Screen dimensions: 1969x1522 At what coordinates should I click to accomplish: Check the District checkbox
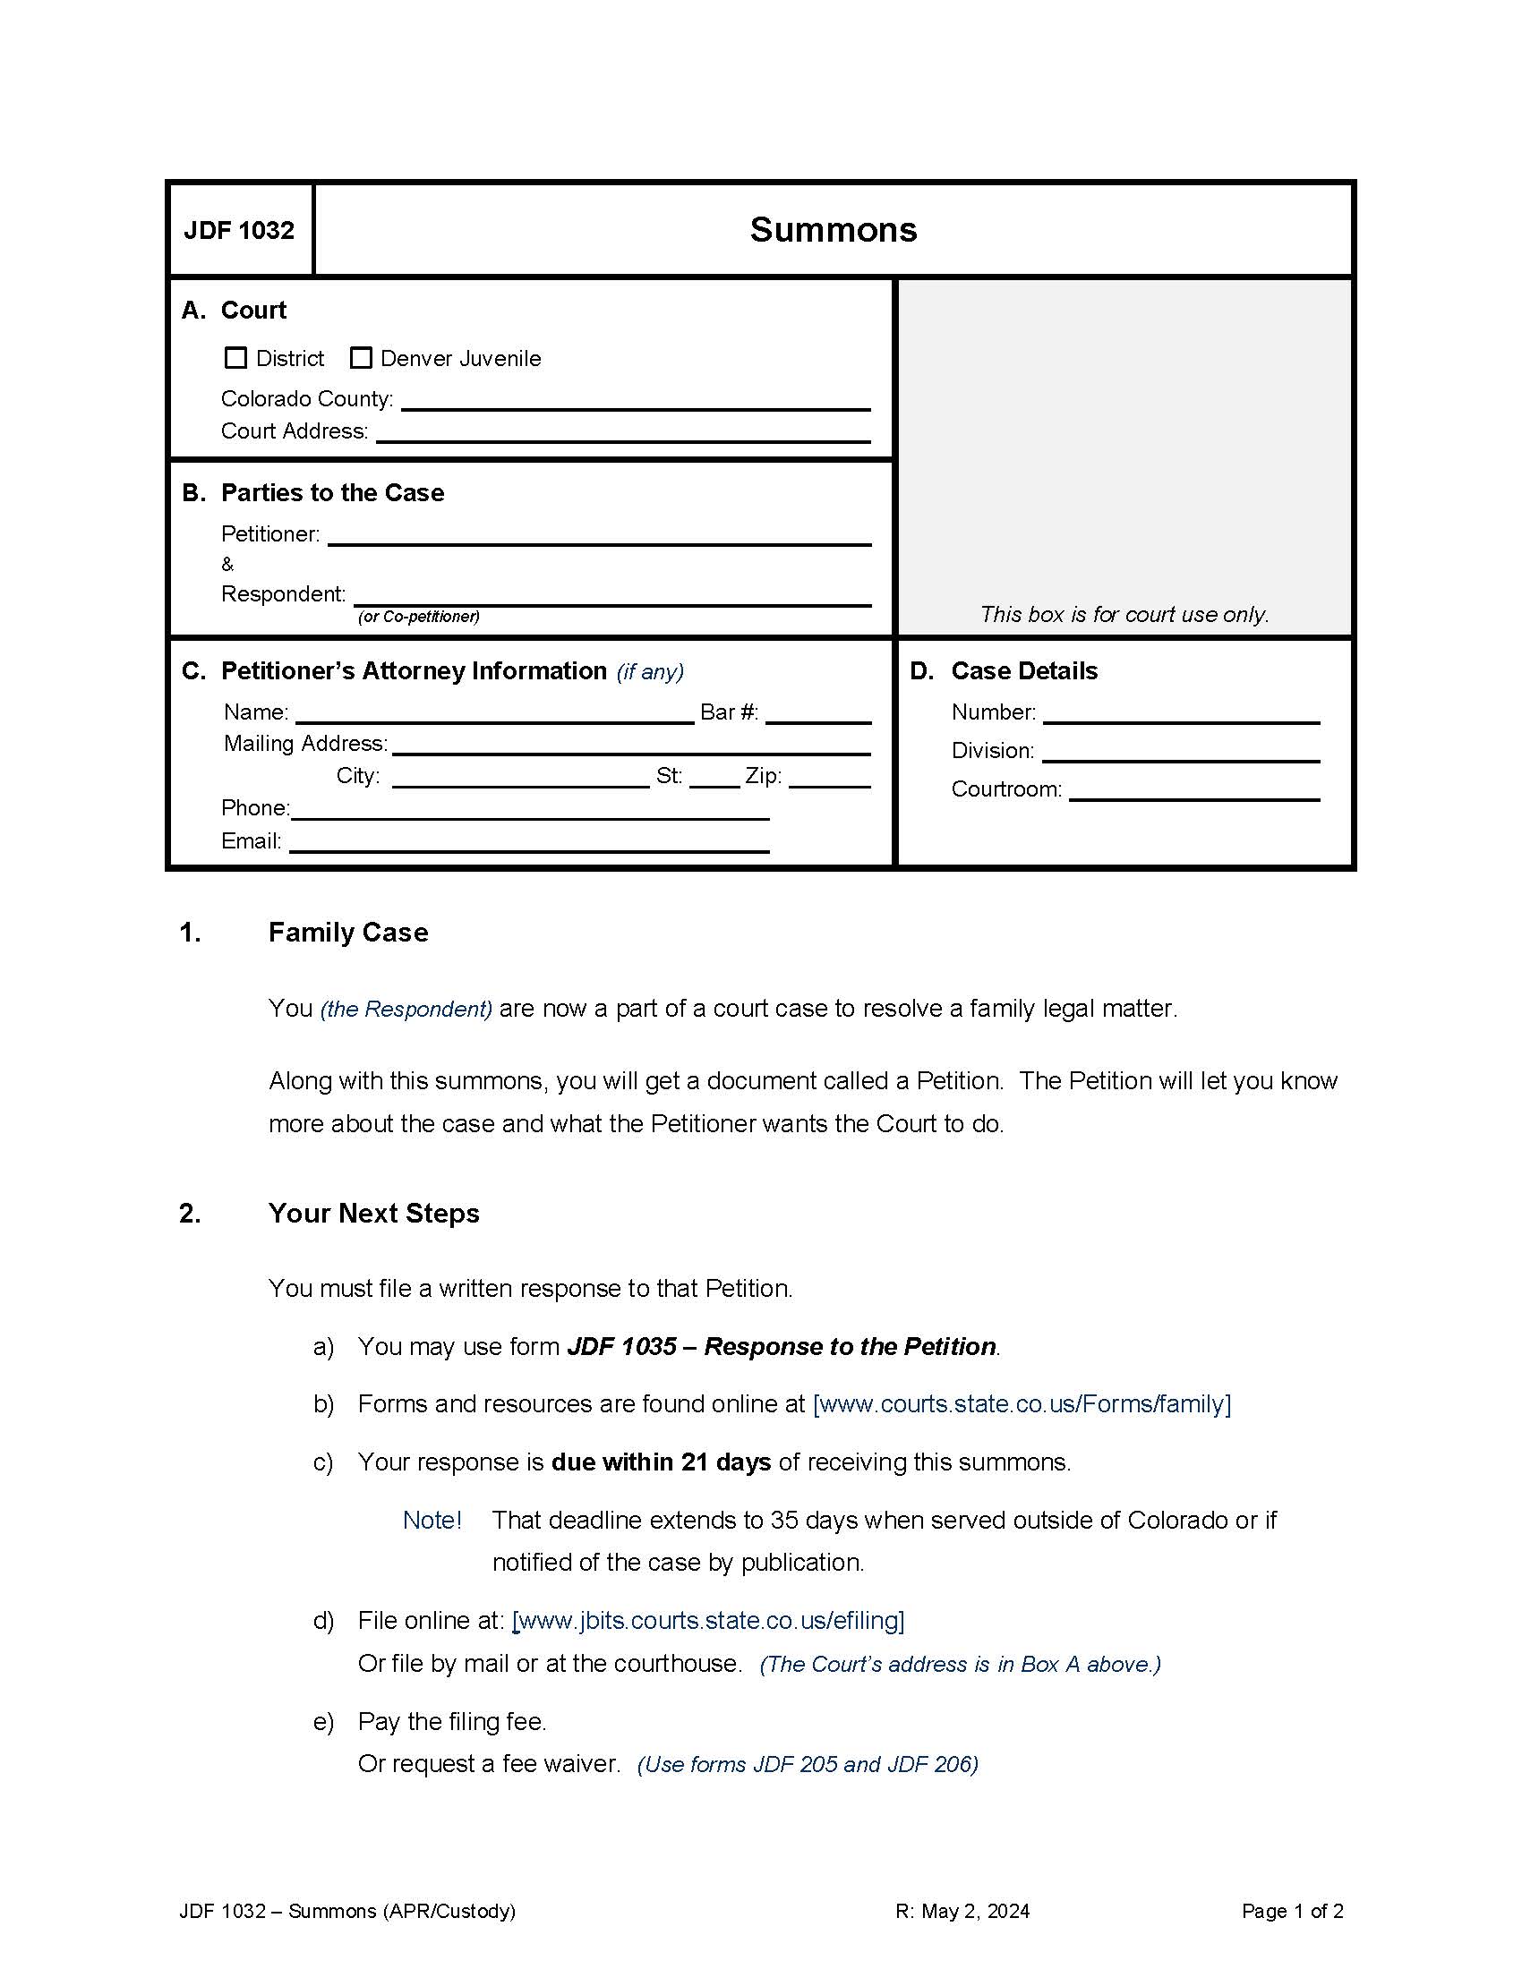click(x=235, y=358)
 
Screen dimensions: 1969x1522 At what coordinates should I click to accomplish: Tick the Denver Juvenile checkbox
click(x=361, y=358)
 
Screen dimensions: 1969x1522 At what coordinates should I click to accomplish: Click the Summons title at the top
click(x=833, y=230)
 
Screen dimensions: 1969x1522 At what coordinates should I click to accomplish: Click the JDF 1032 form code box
click(x=240, y=231)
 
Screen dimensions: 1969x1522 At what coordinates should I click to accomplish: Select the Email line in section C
click(x=528, y=844)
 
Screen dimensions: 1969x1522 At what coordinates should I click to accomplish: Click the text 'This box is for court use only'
click(x=1124, y=615)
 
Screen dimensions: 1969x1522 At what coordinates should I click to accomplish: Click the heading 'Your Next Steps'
click(x=373, y=1214)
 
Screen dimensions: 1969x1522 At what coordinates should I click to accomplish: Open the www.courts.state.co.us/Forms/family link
click(x=1021, y=1403)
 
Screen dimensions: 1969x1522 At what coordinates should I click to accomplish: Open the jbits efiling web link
click(x=708, y=1620)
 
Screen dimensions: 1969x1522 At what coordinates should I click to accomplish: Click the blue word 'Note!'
click(x=432, y=1520)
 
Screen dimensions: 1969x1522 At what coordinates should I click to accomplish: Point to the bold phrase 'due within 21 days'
click(x=660, y=1462)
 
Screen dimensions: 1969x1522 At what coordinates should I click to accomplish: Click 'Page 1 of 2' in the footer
click(x=1291, y=1911)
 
